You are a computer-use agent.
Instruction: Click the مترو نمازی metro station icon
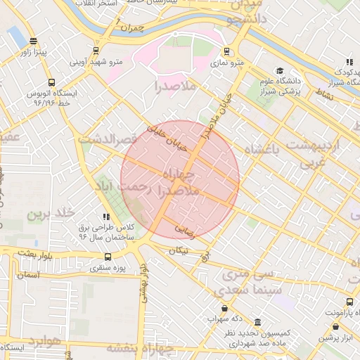pyautogui.click(x=226, y=51)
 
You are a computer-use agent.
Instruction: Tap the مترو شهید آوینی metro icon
pyautogui.click(x=96, y=51)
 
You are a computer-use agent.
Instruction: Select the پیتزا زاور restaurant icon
pyautogui.click(x=33, y=41)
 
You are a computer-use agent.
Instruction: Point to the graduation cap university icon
pyautogui.click(x=280, y=70)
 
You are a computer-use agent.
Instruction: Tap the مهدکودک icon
pyautogui.click(x=349, y=62)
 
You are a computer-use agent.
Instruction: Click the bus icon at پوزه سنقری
pyautogui.click(x=108, y=257)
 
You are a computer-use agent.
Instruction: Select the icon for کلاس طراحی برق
pyautogui.click(x=106, y=217)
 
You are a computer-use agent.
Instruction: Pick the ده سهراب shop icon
pyautogui.click(x=224, y=308)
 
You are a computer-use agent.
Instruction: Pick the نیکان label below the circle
pyautogui.click(x=179, y=251)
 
